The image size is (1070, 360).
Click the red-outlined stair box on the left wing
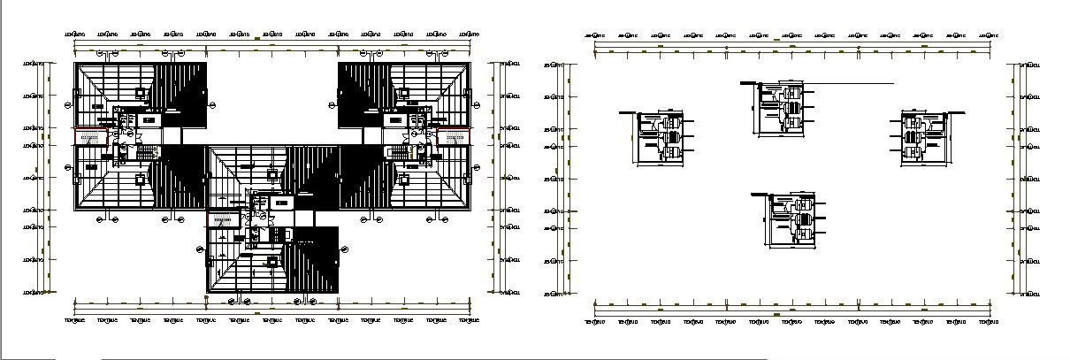pyautogui.click(x=89, y=137)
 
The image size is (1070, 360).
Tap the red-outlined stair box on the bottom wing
pyautogui.click(x=223, y=219)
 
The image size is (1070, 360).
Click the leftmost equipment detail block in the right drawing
pyautogui.click(x=661, y=137)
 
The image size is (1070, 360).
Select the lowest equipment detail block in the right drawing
pyautogui.click(x=790, y=220)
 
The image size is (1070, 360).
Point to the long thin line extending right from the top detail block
pyautogui.click(x=849, y=84)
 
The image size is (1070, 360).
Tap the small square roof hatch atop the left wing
pyautogui.click(x=140, y=92)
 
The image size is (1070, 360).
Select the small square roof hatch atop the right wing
pyautogui.click(x=403, y=92)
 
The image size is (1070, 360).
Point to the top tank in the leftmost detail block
pyautogui.click(x=671, y=125)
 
